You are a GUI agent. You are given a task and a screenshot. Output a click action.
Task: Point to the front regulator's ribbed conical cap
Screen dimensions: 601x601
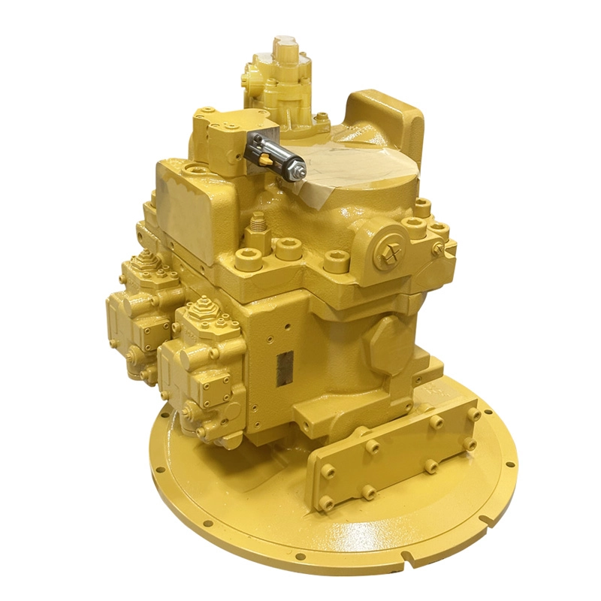coord(201,310)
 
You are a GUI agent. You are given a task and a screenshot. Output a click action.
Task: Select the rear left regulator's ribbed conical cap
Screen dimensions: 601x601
coord(143,263)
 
